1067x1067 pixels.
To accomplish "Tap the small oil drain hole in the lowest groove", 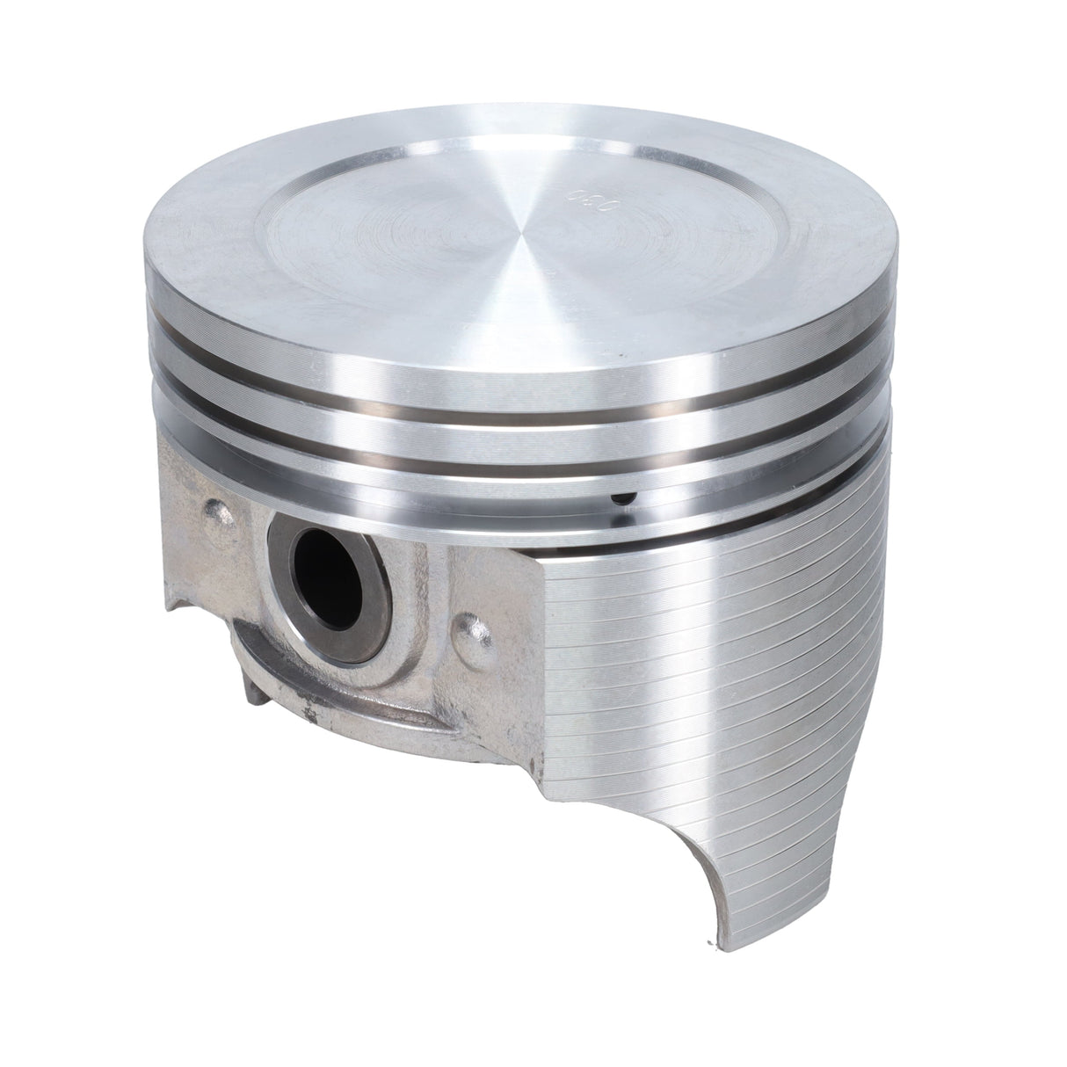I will click(x=621, y=498).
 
